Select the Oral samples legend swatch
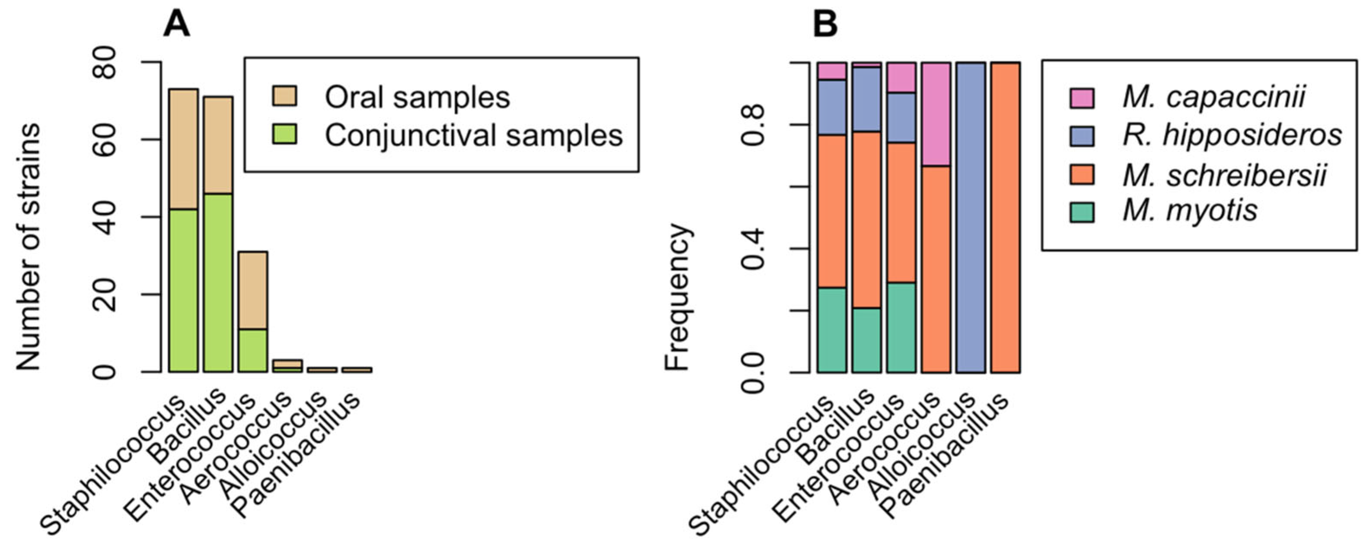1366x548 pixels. pyautogui.click(x=284, y=97)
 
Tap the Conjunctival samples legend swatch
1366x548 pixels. pyautogui.click(x=284, y=135)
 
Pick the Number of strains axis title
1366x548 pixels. pyautogui.click(x=28, y=247)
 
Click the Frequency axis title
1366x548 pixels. pyautogui.click(x=677, y=297)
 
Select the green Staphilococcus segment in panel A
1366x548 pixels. pyautogui.click(x=184, y=291)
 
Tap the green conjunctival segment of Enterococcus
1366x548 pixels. pyautogui.click(x=253, y=350)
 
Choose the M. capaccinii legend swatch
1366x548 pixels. pyautogui.click(x=1082, y=98)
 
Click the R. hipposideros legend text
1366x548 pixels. pyautogui.click(x=1231, y=136)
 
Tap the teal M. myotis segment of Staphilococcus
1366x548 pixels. pyautogui.click(x=831, y=329)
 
